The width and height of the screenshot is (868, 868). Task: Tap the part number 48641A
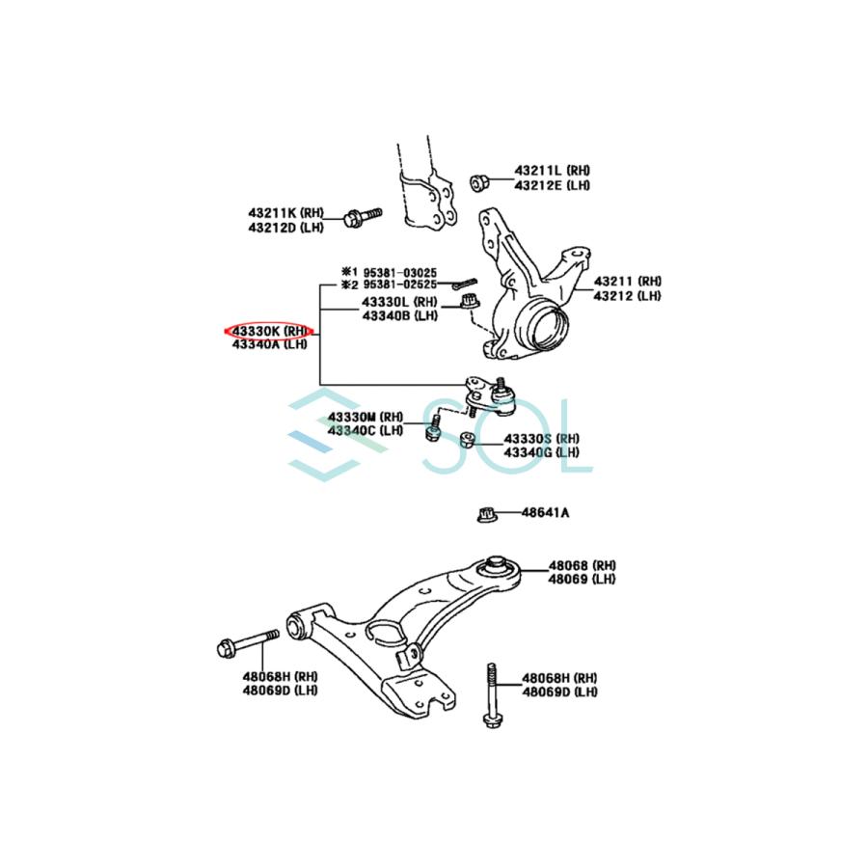(546, 512)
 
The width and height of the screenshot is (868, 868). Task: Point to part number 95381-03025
(398, 272)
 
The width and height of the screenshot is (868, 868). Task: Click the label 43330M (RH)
(365, 417)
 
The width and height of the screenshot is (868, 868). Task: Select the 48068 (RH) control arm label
(582, 565)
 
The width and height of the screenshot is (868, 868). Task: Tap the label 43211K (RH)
(285, 212)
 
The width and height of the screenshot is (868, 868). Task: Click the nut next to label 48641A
(487, 514)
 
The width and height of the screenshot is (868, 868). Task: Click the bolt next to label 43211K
(361, 217)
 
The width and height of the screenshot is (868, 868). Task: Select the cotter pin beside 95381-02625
(466, 282)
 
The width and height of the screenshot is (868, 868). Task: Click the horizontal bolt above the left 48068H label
(249, 642)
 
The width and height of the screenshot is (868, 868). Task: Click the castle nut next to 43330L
(470, 304)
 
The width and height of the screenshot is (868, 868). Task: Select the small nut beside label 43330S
(466, 441)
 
